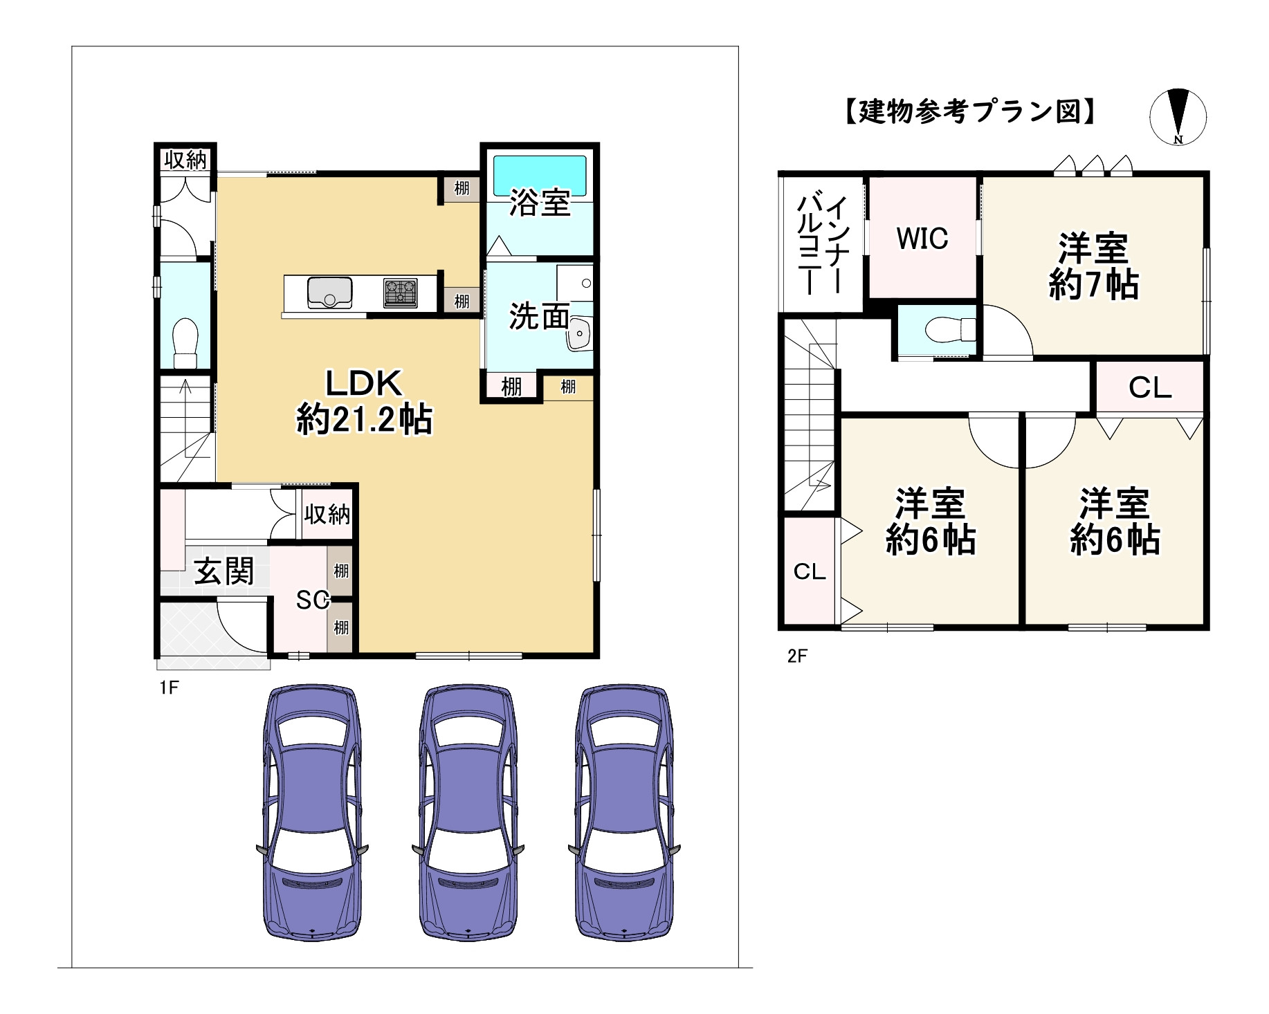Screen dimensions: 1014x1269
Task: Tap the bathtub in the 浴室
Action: click(539, 176)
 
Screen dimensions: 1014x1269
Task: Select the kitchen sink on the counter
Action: click(329, 292)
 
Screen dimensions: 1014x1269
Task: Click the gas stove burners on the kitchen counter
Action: click(401, 293)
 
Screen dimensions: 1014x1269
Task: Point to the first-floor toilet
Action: click(185, 343)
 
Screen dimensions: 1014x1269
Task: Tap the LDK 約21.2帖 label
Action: click(364, 402)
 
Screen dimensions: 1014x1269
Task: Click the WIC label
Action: click(922, 239)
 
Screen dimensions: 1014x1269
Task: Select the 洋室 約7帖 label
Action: click(1093, 266)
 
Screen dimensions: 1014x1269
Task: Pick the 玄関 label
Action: click(223, 572)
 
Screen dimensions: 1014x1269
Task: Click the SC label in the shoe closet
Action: click(312, 600)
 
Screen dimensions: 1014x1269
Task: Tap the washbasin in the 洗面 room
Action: click(578, 335)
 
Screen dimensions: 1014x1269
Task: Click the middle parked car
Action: click(468, 813)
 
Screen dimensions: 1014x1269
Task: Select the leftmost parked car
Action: click(312, 813)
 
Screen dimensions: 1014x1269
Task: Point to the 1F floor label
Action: click(169, 688)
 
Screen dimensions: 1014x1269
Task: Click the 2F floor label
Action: click(797, 656)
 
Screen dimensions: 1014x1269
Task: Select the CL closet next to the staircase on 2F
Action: click(810, 571)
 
